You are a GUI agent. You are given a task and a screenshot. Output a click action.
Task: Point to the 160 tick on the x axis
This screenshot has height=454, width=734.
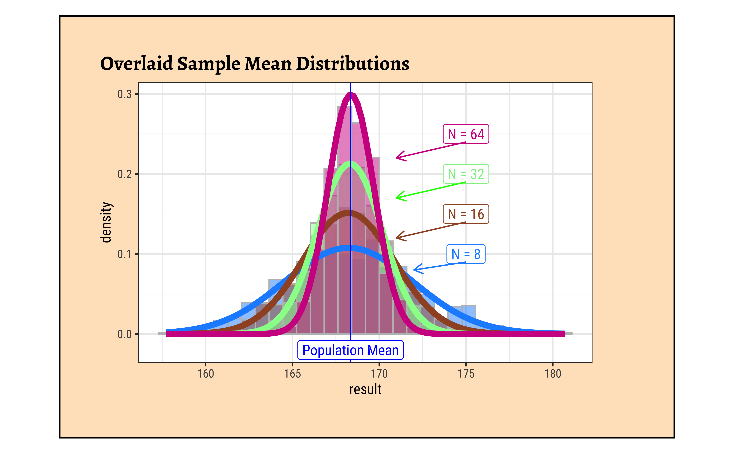206,374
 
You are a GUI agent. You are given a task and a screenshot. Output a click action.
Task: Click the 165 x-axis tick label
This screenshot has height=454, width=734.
292,374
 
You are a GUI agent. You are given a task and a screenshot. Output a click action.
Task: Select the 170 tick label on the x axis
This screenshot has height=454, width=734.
379,374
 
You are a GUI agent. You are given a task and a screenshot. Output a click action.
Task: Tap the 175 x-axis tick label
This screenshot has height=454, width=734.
466,374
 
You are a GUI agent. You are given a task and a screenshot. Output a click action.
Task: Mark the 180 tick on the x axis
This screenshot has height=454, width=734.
553,374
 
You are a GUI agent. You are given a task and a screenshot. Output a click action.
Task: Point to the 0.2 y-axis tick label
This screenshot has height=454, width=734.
124,174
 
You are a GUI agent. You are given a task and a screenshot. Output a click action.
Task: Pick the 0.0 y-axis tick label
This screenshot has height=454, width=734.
124,334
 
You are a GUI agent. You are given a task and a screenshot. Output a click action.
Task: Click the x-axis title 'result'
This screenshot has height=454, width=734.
365,389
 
